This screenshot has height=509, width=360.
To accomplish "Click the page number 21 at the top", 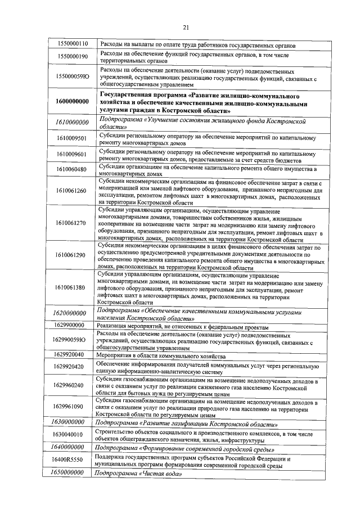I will point(185,28).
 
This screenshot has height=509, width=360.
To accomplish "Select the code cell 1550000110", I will point(70,44).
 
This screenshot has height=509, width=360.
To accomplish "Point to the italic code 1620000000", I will point(70,313).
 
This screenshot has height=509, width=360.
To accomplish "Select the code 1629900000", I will point(70,326).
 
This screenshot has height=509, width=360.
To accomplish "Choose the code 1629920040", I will point(70,355).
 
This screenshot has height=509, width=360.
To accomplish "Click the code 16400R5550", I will point(70,460).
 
